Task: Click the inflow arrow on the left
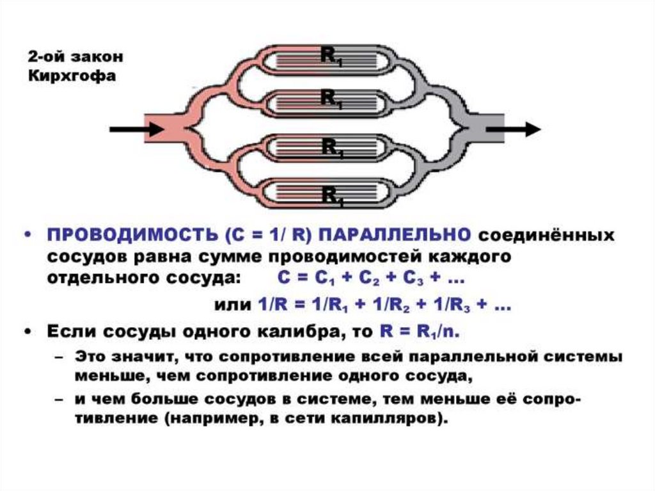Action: click(x=136, y=129)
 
